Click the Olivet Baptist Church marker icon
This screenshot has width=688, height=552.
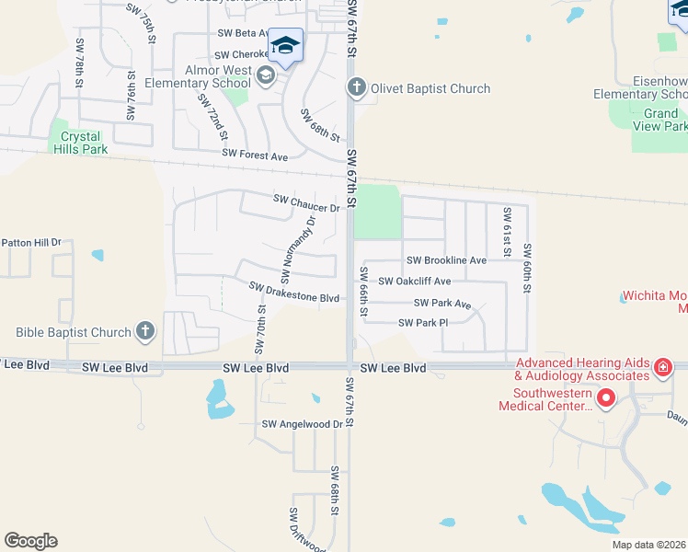coord(356,88)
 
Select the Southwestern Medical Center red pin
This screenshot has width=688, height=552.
coord(605,398)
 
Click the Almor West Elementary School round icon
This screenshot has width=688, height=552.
coord(266,75)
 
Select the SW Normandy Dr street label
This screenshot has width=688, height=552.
coord(298,249)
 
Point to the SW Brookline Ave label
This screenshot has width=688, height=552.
coord(446,260)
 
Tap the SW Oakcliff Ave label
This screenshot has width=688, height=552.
coord(415,282)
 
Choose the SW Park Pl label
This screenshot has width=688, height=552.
coord(423,323)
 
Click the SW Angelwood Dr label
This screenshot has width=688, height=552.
coord(302,424)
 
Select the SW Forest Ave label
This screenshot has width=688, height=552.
coord(255,155)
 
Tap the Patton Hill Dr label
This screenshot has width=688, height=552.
coord(30,243)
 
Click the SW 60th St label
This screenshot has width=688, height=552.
coord(527,268)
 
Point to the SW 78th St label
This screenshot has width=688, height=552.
coord(80,64)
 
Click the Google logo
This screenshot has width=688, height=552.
coord(30,541)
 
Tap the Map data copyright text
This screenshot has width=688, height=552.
coord(649,545)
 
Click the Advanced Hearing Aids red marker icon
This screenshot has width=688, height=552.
coord(662,369)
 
